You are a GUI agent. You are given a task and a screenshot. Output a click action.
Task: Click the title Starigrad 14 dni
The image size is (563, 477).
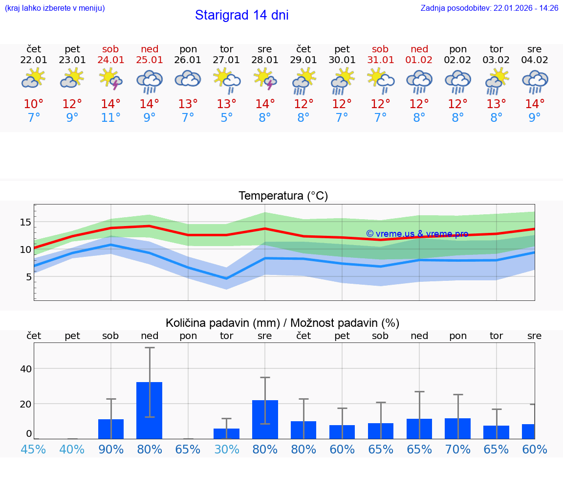pos(241,15)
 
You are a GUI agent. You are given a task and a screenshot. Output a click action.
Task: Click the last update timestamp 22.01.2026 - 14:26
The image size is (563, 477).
pos(526,8)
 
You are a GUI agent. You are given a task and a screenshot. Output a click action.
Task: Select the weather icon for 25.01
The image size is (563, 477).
pos(150,81)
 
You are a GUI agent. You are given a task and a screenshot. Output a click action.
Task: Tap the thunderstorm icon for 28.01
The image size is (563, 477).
pos(265,79)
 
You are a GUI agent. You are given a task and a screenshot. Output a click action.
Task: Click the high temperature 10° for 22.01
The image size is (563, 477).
pos(34,104)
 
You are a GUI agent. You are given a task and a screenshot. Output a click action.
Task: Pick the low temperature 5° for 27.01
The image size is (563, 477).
pos(226,118)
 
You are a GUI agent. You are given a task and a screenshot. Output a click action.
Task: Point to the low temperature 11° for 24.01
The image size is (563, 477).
pos(111,118)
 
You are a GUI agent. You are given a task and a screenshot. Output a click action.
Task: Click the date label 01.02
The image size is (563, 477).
pos(419,60)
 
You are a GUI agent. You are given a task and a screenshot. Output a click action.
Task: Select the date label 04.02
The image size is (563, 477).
pos(535,60)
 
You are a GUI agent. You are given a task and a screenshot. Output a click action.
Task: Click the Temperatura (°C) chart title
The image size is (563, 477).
pos(283,196)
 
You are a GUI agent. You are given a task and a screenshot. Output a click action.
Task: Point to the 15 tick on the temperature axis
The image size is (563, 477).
pos(25,222)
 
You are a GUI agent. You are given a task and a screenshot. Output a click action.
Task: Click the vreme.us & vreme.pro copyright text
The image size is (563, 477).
pos(417,234)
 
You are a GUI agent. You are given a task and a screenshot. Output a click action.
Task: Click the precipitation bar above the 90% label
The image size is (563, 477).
pos(111,429)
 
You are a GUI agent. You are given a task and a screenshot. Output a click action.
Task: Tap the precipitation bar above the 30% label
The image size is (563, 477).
pos(226,433)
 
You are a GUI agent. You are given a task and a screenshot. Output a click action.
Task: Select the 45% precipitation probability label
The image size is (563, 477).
pos(34,449)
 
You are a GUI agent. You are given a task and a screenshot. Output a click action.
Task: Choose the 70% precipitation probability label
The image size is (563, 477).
pos(457,449)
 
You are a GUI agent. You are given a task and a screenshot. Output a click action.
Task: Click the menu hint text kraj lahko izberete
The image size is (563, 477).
pos(55,8)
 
